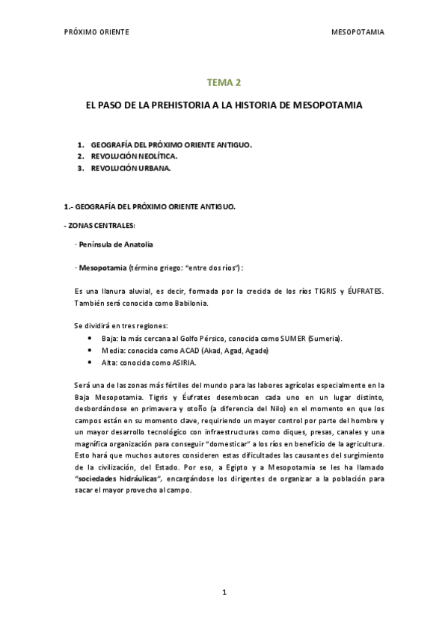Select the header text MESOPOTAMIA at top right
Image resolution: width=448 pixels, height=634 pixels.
coord(358,33)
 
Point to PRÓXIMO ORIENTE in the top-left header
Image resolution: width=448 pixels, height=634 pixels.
coord(97,33)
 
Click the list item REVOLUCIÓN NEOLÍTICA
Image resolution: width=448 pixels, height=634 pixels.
coord(134,156)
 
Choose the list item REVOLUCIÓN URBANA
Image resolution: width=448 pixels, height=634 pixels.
coord(131,168)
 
